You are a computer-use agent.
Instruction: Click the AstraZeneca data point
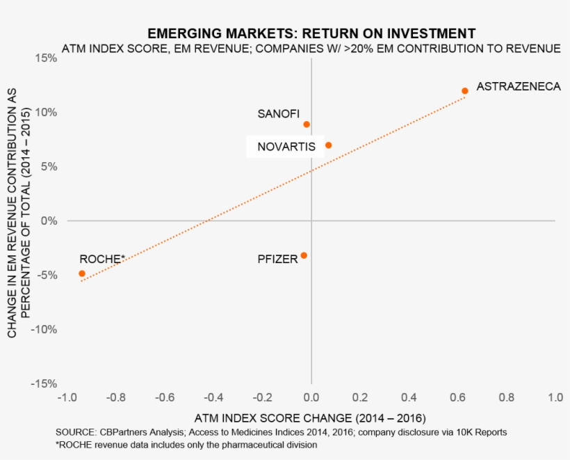tap(465, 91)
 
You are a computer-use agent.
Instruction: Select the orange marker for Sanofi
tap(307, 125)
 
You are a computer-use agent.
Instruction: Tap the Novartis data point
tap(328, 145)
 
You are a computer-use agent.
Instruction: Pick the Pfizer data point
tap(304, 255)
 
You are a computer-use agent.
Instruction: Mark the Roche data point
tap(82, 273)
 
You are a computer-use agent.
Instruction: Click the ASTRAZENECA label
tap(518, 88)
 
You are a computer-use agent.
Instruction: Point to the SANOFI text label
tap(278, 113)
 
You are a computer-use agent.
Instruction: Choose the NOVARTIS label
tap(286, 147)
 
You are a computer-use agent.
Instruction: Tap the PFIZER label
tap(277, 259)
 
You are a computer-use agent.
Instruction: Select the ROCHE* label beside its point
tap(101, 259)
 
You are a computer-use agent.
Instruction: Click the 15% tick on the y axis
tap(46, 58)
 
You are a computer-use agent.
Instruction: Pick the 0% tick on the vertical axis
tap(48, 221)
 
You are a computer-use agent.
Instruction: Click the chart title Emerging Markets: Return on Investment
tap(311, 33)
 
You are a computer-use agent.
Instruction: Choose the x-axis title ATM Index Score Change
tap(310, 418)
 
